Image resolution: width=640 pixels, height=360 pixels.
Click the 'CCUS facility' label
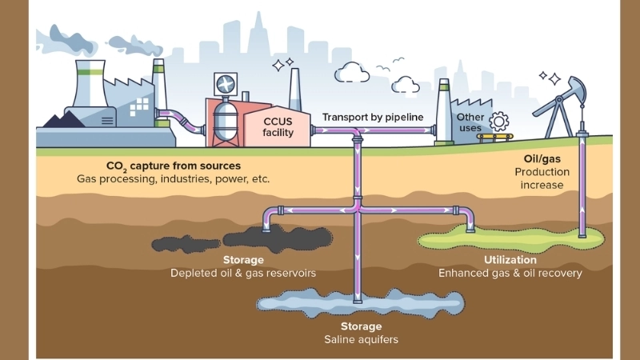pyautogui.click(x=278, y=126)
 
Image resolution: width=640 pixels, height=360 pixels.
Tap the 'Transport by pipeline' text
pyautogui.click(x=373, y=117)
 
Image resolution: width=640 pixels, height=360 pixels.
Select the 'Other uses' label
pyautogui.click(x=470, y=123)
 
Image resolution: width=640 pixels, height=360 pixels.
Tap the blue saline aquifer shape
pyautogui.click(x=360, y=302)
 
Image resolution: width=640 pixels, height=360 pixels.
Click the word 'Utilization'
pyautogui.click(x=510, y=260)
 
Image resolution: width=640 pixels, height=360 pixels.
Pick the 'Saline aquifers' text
pyautogui.click(x=361, y=339)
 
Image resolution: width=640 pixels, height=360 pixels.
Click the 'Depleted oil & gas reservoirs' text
pyautogui.click(x=243, y=273)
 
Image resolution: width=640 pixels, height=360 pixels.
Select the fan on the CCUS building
pyautogui.click(x=225, y=83)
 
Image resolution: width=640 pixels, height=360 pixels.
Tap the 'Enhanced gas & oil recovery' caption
pyautogui.click(x=510, y=273)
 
